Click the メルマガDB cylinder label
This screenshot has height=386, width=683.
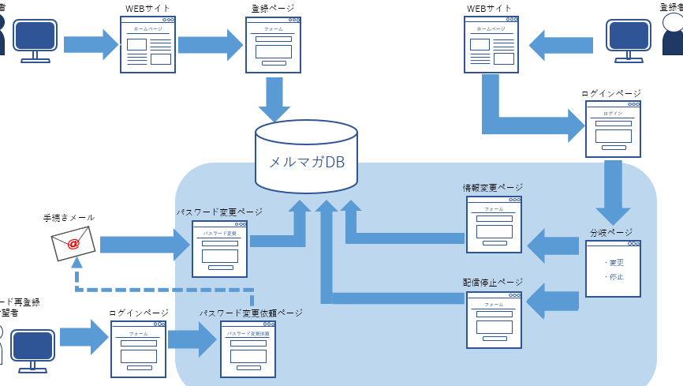tap(307, 163)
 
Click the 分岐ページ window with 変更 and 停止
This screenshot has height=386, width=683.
tap(614, 268)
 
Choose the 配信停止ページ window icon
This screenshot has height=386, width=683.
tap(494, 320)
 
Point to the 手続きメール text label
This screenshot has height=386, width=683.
tap(69, 217)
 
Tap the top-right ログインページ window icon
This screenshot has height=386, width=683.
tap(613, 129)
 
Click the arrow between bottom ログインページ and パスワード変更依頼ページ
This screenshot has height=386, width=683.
tap(192, 340)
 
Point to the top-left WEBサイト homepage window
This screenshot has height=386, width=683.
tap(147, 45)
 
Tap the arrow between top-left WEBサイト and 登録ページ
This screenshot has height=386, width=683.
tap(209, 43)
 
